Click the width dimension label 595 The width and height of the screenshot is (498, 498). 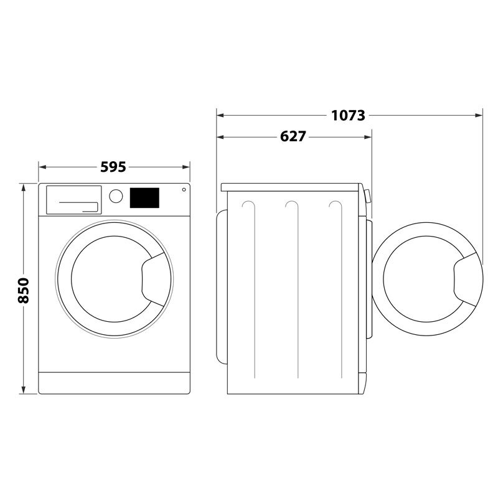point(114,167)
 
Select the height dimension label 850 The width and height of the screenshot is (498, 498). point(23,290)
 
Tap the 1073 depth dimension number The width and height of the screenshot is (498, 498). point(348,115)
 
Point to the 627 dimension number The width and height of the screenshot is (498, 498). point(293,136)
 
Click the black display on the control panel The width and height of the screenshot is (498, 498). point(144,198)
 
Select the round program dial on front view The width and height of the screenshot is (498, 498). point(116,195)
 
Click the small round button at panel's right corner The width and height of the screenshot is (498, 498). point(184,189)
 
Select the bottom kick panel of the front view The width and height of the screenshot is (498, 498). point(114,383)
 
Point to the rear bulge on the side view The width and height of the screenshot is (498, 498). point(220,286)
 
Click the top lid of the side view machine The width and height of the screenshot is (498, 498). point(293,187)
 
